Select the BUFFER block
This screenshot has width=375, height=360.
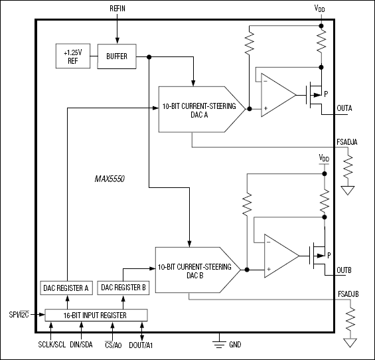point(116,56)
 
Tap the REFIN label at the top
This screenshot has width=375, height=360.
point(117,8)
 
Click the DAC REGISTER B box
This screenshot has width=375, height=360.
point(124,287)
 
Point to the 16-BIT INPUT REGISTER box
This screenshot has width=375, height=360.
point(96,314)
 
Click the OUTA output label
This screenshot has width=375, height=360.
point(345,108)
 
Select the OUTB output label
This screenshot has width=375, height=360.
point(344,270)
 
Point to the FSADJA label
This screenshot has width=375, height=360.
point(348,141)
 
